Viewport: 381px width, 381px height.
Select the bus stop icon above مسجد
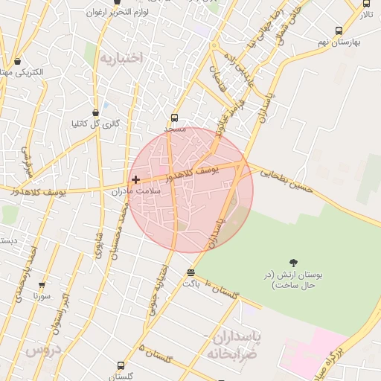coord(174,117)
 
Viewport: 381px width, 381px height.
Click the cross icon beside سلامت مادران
coord(135,179)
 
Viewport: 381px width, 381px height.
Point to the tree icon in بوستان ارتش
coord(294,263)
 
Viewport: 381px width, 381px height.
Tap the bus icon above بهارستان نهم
coord(339,31)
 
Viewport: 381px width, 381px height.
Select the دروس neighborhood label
coord(42,349)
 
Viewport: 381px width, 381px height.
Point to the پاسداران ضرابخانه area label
coord(234,345)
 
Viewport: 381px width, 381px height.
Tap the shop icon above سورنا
coord(42,284)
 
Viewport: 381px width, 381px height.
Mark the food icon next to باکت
coord(191,272)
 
